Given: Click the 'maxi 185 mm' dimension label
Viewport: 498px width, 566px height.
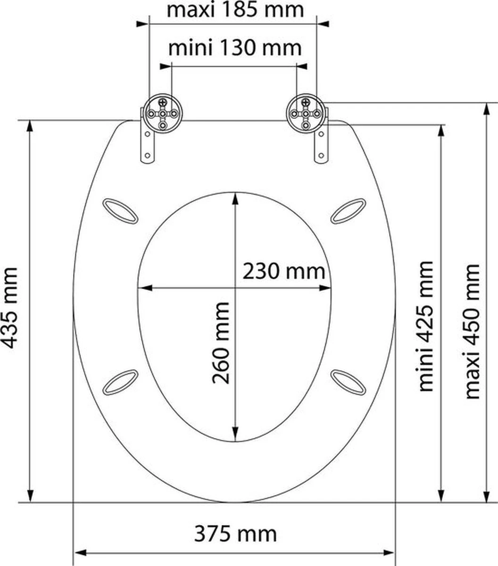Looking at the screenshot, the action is (235, 10).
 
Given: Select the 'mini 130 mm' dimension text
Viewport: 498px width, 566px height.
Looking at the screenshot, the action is (235, 48).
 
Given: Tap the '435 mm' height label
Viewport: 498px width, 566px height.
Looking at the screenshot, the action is (10, 308).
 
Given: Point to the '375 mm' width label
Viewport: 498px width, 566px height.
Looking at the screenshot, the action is (235, 534).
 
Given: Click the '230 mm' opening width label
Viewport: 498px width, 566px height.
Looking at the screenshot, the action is (284, 271).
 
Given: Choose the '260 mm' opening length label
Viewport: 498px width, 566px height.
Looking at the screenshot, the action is (221, 343).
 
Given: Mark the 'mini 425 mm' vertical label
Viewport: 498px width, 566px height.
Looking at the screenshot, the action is (425, 326).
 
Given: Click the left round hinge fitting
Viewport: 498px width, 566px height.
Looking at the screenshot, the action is (163, 113).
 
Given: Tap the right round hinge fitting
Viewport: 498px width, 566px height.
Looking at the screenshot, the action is (306, 113).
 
